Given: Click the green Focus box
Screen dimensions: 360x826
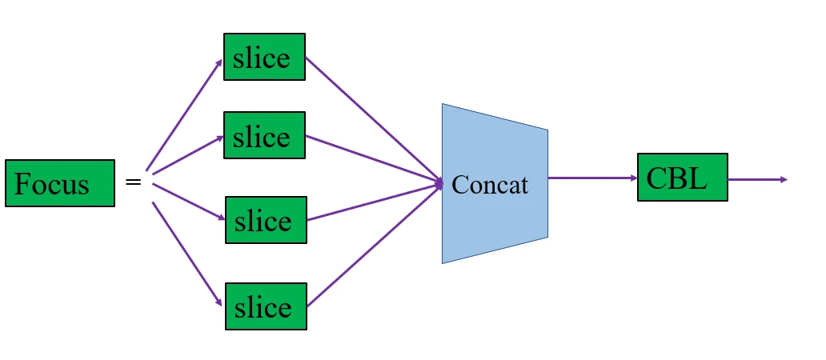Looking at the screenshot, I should (x=60, y=184).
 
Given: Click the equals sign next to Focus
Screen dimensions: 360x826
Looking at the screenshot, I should (x=134, y=183).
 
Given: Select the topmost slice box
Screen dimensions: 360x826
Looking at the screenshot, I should (x=264, y=57).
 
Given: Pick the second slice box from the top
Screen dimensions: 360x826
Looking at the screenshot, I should (x=264, y=135).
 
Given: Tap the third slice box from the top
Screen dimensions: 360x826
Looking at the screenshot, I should (x=266, y=220).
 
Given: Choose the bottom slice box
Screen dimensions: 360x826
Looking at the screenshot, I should (x=266, y=306).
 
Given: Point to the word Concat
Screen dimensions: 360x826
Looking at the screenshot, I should (x=490, y=185).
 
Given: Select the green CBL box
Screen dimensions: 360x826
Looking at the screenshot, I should (x=682, y=178).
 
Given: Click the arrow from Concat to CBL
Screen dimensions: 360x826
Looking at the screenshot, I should (x=592, y=178).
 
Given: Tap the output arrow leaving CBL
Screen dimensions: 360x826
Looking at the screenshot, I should (x=756, y=179).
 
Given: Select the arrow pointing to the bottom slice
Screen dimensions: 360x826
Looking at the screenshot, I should (x=186, y=253).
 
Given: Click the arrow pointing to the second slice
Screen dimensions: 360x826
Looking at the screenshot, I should (x=187, y=154).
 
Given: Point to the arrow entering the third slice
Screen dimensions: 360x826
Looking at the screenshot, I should (x=189, y=202).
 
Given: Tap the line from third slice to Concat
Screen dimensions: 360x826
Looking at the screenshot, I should (x=375, y=202).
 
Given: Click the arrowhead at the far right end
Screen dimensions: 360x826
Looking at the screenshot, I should (x=784, y=179).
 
